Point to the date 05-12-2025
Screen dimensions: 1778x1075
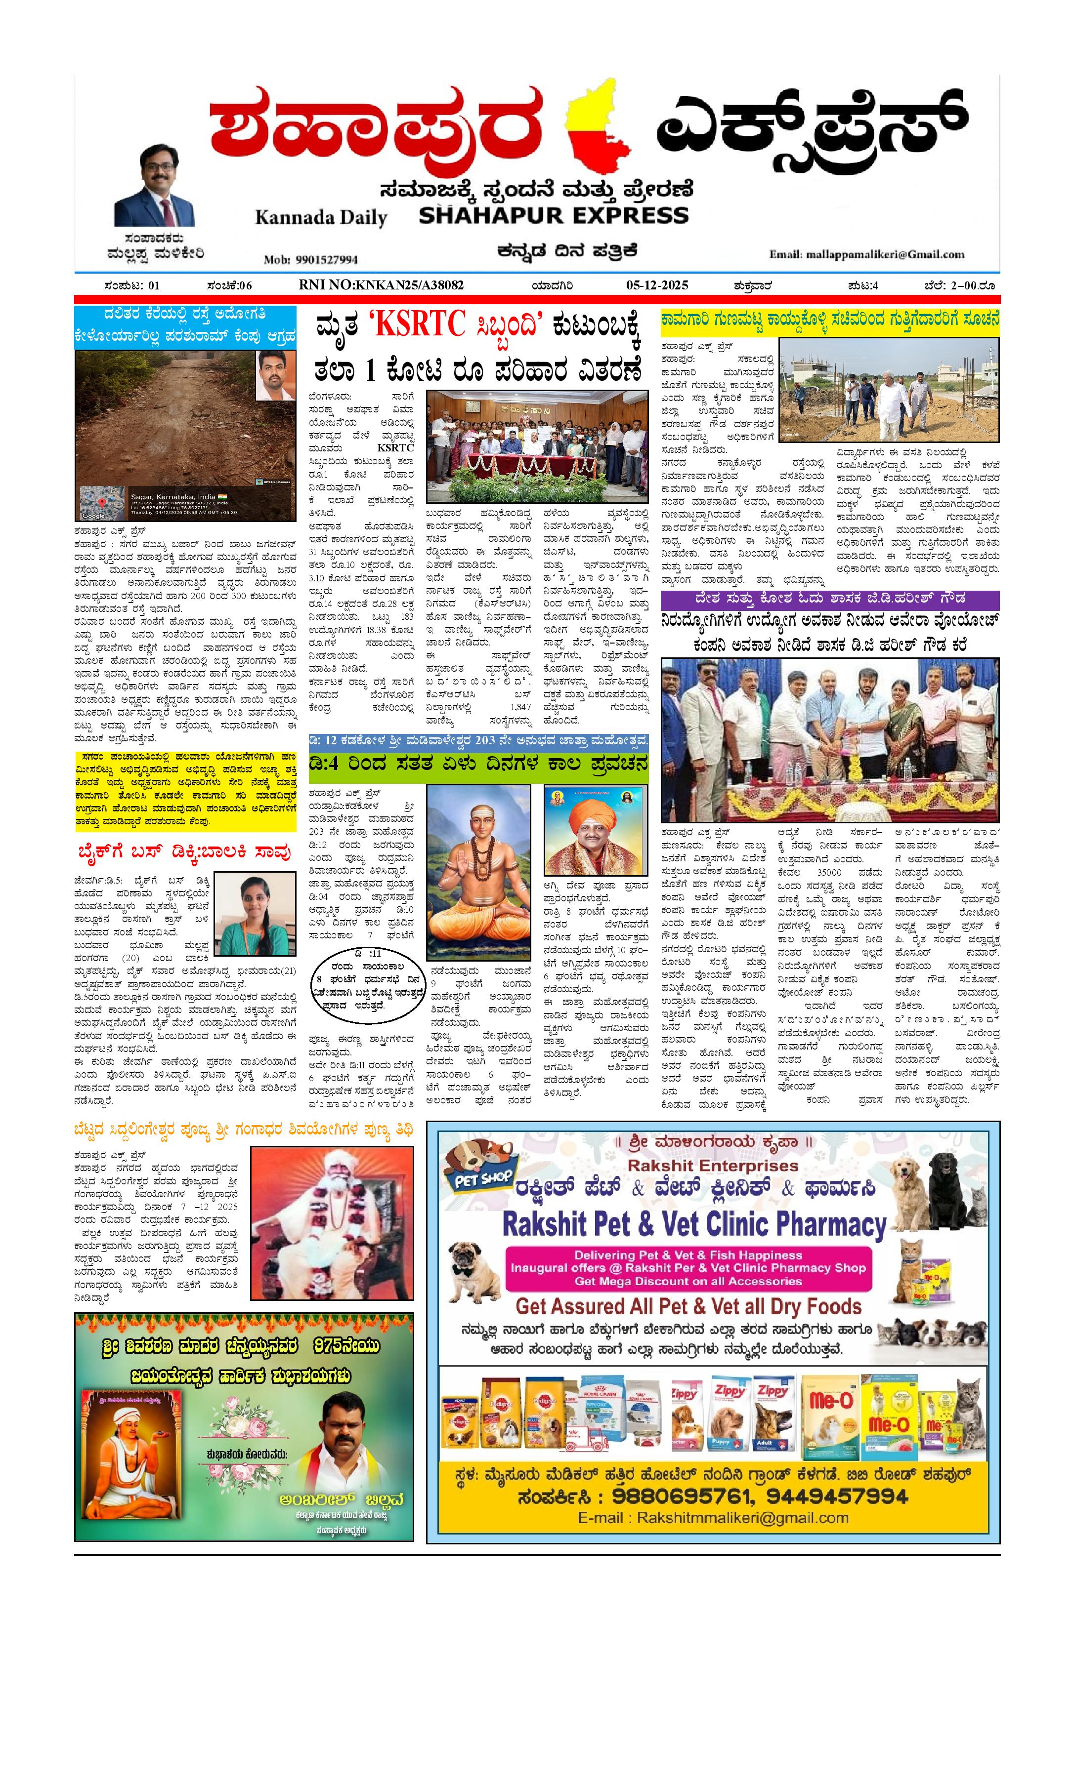point(657,285)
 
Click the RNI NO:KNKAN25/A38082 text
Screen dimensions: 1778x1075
point(381,285)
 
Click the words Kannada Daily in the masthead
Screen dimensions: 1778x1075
point(321,217)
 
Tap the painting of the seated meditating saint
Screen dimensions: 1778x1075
point(478,872)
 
